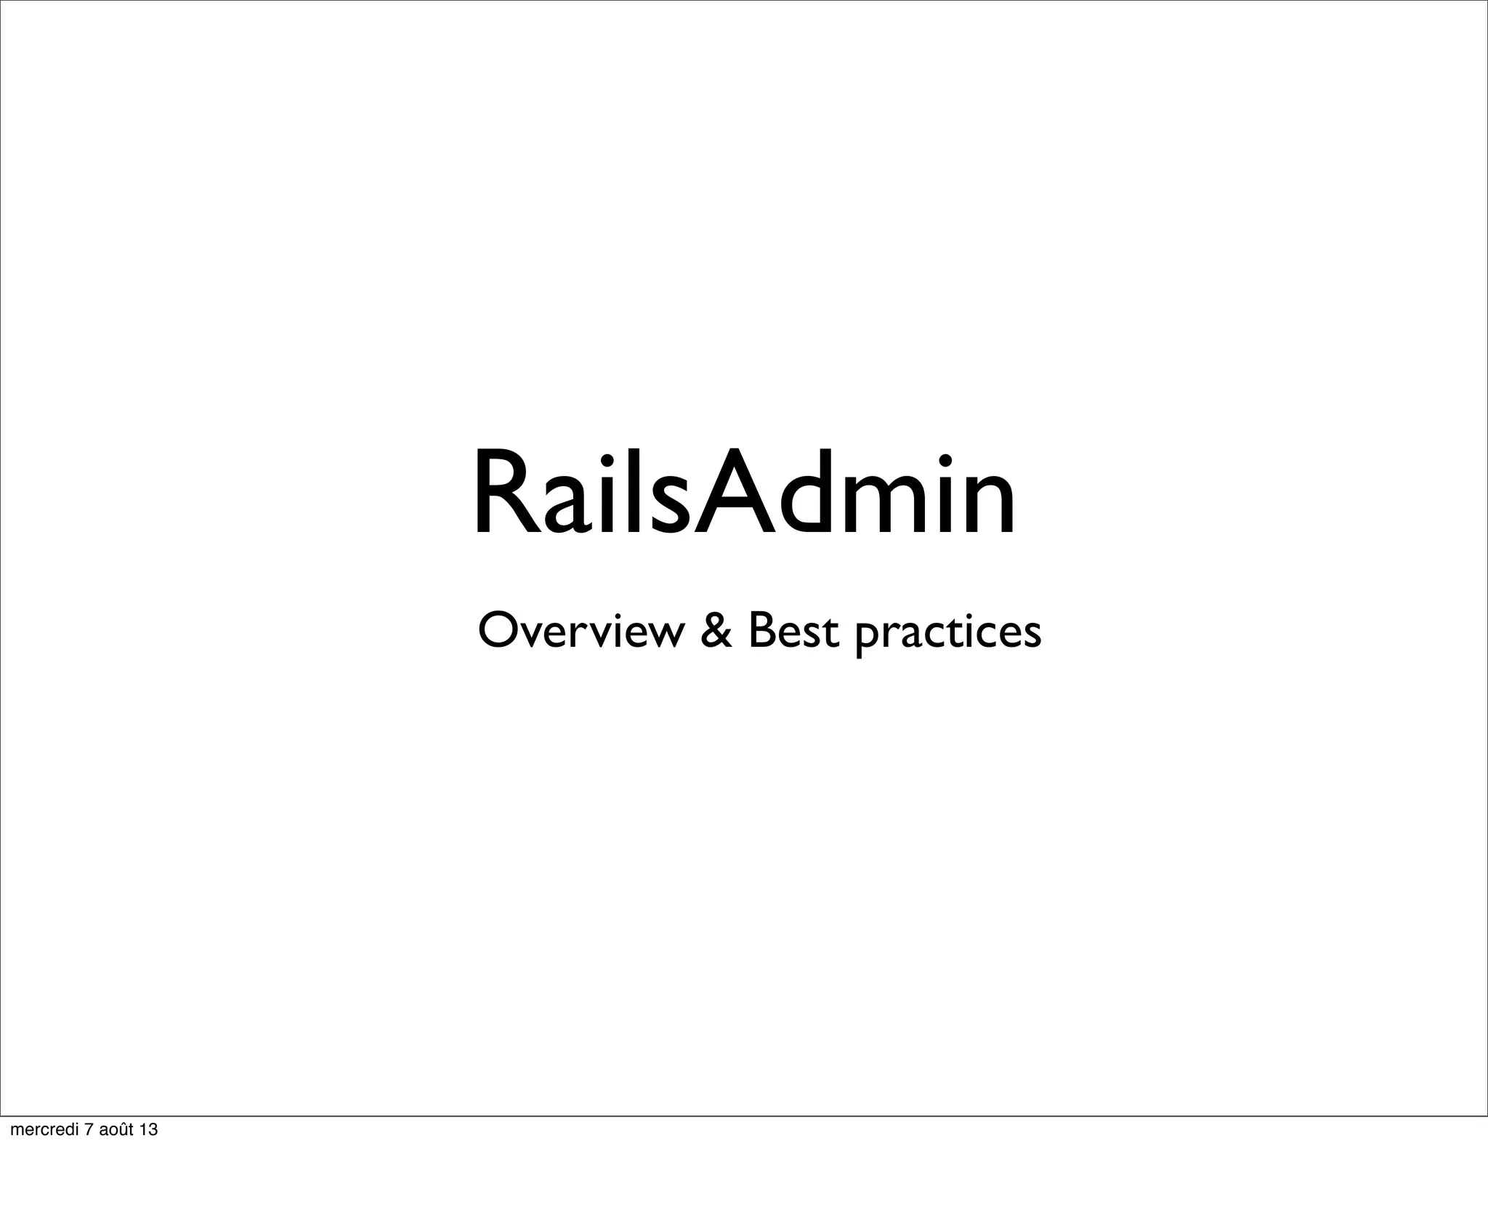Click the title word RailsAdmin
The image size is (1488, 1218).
[x=744, y=494]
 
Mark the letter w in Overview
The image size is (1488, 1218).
[x=666, y=636]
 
